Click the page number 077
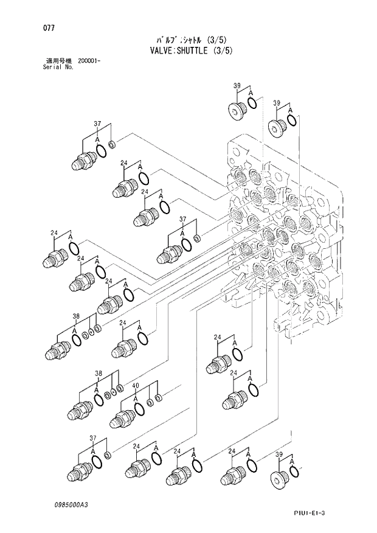coord(41,28)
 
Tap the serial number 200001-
coord(90,61)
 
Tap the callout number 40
coord(136,386)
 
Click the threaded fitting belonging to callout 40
coord(122,418)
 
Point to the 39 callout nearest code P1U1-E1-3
coord(279,453)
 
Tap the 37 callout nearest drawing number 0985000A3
coord(93,438)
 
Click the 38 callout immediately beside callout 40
coord(98,373)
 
